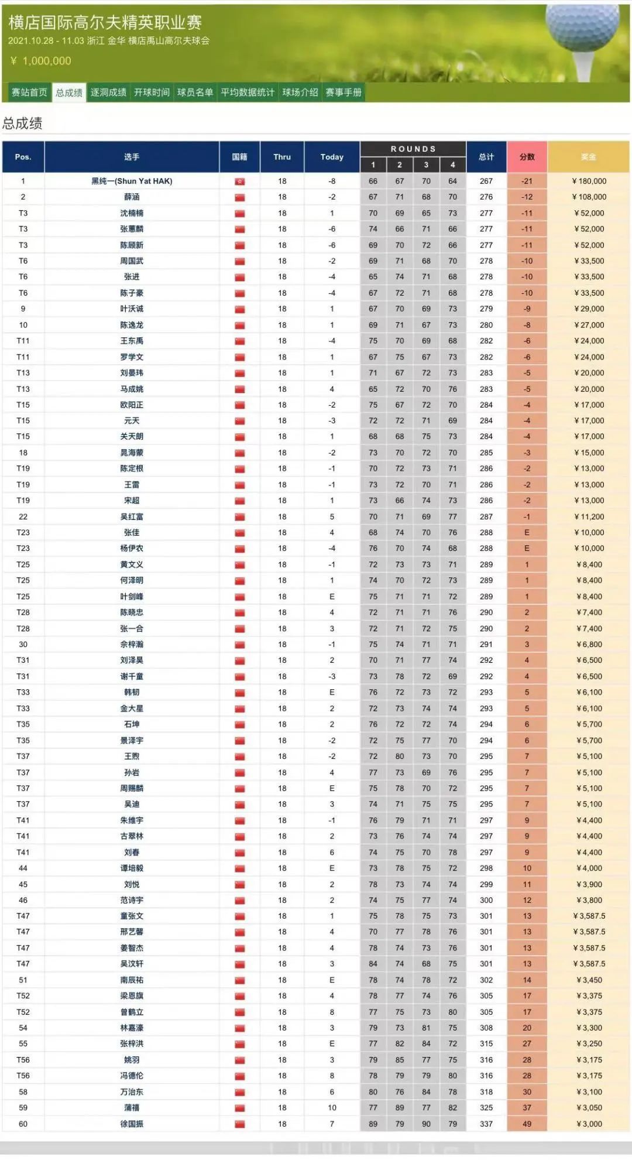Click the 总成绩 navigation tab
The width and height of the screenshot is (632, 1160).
point(69,93)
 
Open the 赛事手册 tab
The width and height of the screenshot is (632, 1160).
point(344,93)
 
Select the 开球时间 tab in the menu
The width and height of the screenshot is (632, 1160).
point(152,93)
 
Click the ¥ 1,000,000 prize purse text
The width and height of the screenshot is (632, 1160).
point(41,61)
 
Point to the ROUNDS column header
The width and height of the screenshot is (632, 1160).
point(413,149)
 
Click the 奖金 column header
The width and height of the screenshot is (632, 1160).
point(588,157)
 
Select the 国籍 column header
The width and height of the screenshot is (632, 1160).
point(239,157)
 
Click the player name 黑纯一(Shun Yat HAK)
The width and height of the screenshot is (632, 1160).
point(132,182)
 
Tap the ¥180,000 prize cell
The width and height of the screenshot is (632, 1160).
point(589,182)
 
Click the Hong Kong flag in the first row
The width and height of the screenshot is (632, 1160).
point(239,182)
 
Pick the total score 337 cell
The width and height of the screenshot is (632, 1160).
point(486,1124)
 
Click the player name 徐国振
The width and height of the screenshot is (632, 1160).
point(132,1124)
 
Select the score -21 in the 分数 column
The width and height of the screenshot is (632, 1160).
point(527,182)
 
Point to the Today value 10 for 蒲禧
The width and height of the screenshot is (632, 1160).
point(332,1108)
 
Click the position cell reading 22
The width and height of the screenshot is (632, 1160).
point(23,516)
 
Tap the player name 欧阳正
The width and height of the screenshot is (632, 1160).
point(132,405)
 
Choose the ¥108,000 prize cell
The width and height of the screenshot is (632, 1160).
point(589,197)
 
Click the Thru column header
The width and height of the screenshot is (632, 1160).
point(282,157)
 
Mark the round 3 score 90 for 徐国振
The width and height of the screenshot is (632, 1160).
point(426,1124)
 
